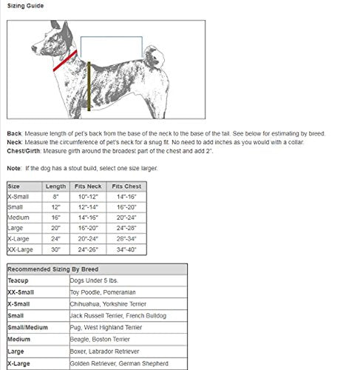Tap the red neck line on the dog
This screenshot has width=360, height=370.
pos(66,60)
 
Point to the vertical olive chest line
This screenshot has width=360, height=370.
pos(89,85)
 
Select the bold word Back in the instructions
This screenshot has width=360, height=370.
pos(14,134)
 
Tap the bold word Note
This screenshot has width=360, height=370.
pos(14,168)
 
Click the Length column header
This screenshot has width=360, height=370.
pos(56,187)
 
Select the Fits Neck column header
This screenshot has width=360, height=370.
pos(89,187)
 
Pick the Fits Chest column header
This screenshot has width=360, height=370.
pos(126,187)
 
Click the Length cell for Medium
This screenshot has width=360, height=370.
pos(56,218)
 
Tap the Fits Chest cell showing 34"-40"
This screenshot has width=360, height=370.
pos(126,250)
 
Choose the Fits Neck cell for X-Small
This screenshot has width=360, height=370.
pos(89,198)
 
